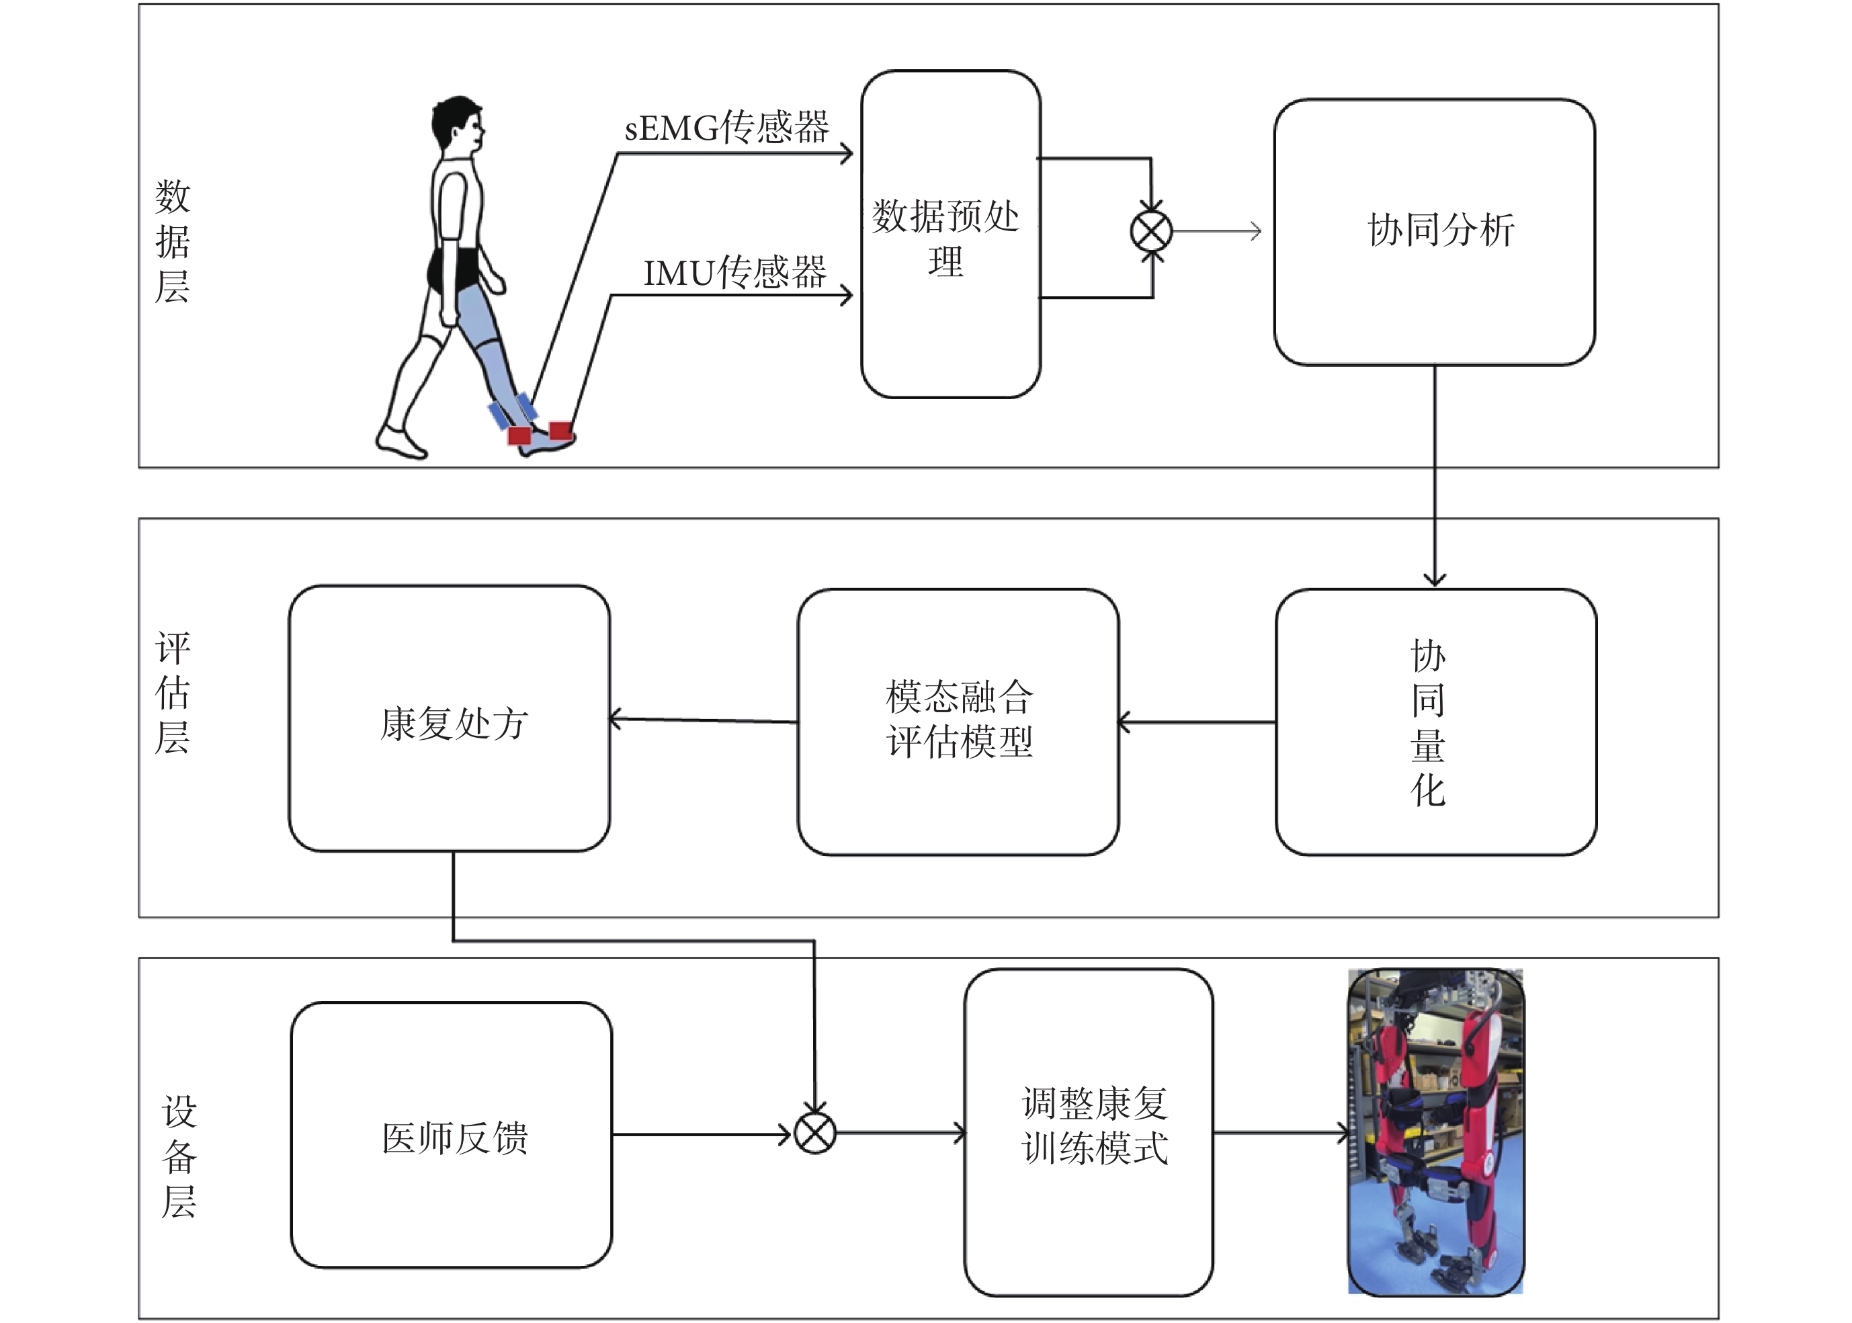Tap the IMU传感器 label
(x=734, y=273)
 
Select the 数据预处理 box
(x=950, y=234)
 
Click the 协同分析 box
(x=1434, y=232)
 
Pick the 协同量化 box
(x=1435, y=722)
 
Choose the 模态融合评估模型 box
(x=958, y=722)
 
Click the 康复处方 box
(x=450, y=718)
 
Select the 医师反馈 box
(x=452, y=1136)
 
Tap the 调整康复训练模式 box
(x=1089, y=1132)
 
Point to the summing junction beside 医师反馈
(x=814, y=1134)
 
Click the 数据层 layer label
(x=172, y=242)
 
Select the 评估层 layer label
(x=172, y=693)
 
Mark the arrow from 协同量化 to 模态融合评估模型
(x=1197, y=722)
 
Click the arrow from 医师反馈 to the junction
(x=701, y=1134)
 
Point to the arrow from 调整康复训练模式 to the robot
(x=1280, y=1132)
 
